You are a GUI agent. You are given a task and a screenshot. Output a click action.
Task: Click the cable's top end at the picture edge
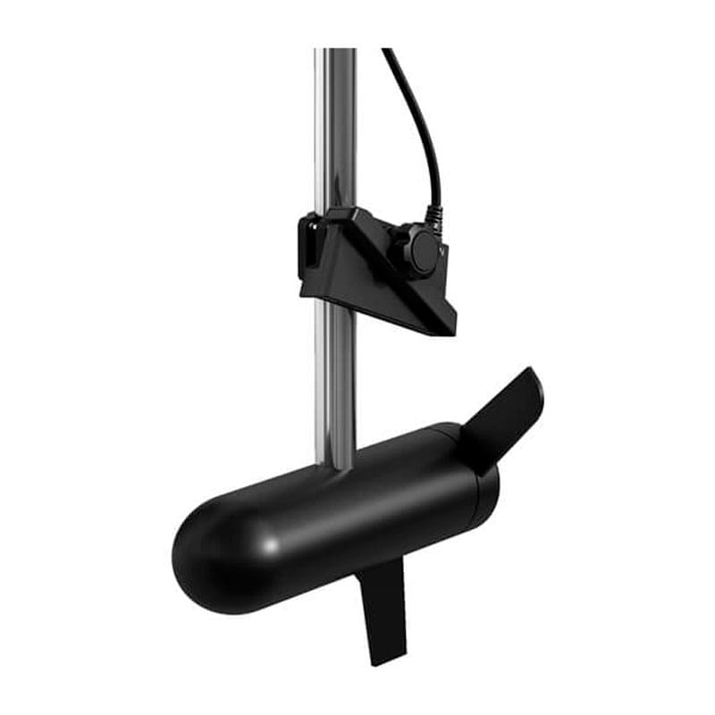[x=387, y=52]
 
